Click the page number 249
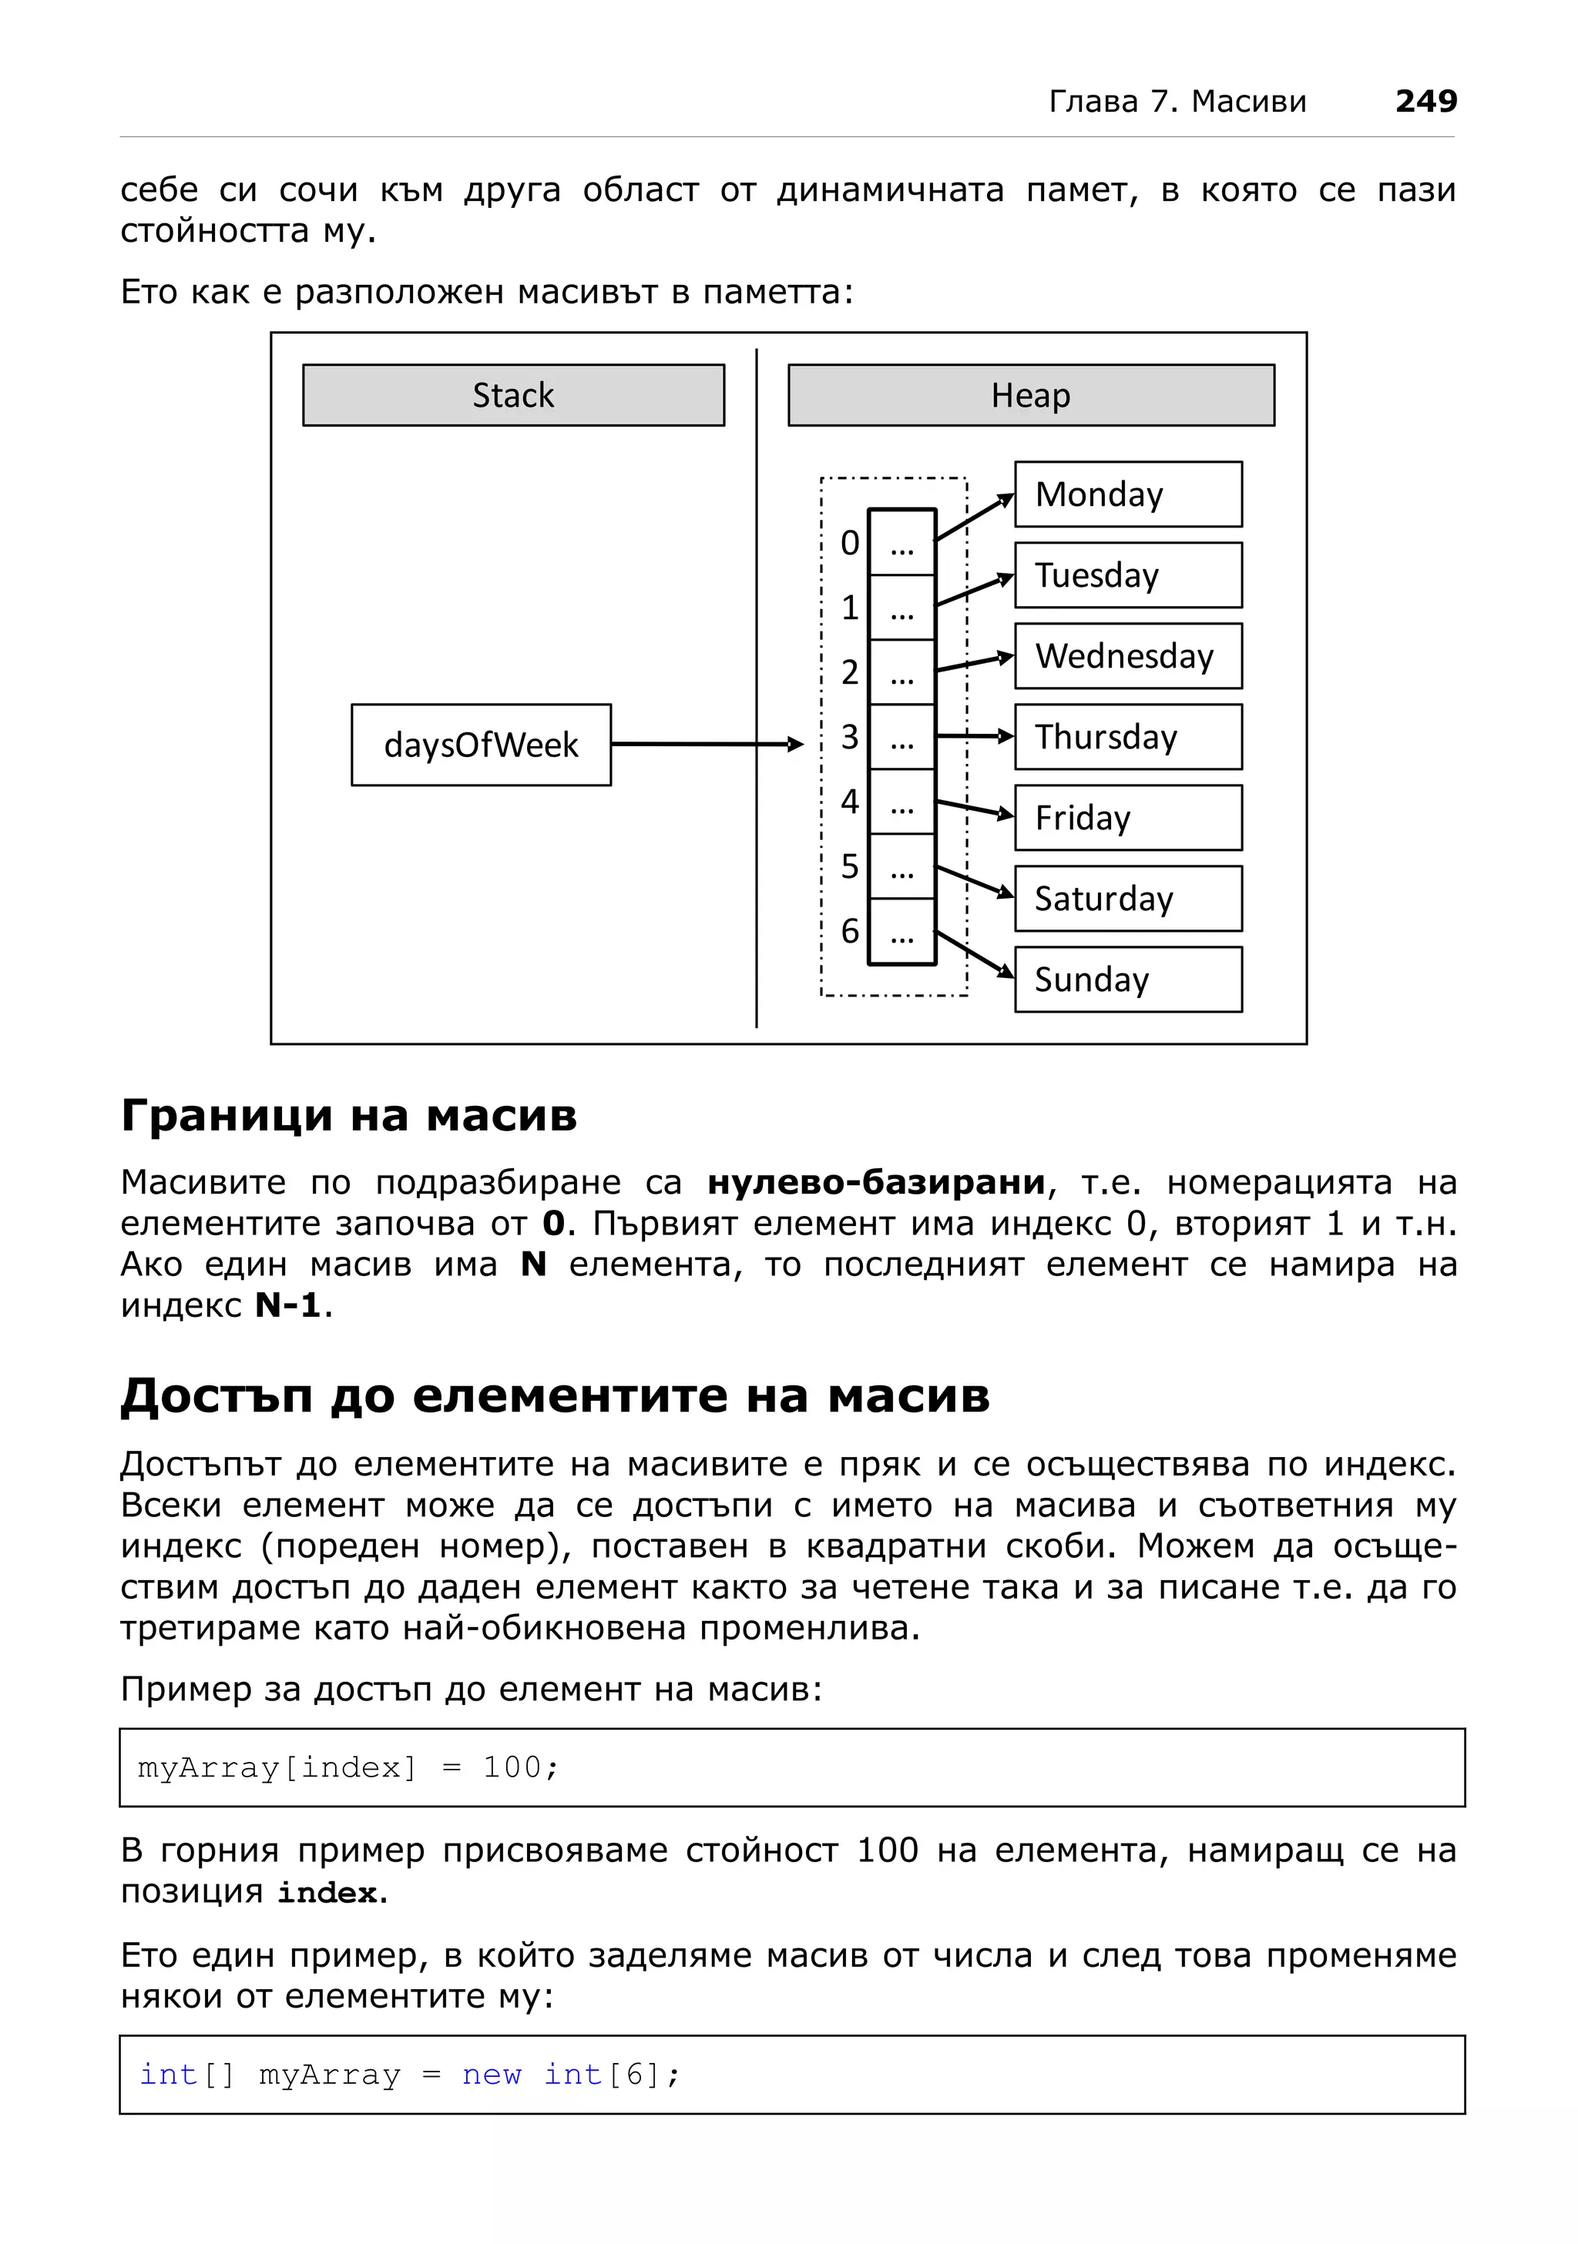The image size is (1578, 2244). [x=1425, y=101]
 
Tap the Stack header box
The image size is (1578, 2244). [x=513, y=395]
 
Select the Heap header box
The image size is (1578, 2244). [x=1030, y=395]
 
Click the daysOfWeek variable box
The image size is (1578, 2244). [x=481, y=745]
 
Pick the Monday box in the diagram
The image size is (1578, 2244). [x=1127, y=494]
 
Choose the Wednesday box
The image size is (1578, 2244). [x=1127, y=656]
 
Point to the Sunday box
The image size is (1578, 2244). [x=1127, y=980]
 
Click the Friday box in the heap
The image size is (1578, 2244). [x=1127, y=817]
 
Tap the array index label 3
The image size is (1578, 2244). [x=850, y=737]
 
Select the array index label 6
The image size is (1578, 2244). [x=850, y=930]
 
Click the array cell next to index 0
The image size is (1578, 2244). [x=901, y=542]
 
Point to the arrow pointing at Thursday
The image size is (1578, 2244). [x=974, y=736]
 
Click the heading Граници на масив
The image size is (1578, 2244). [x=349, y=1115]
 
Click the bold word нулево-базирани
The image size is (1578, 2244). [x=876, y=1183]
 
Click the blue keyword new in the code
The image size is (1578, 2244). [x=492, y=2074]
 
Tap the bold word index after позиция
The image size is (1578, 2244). [x=327, y=1893]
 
